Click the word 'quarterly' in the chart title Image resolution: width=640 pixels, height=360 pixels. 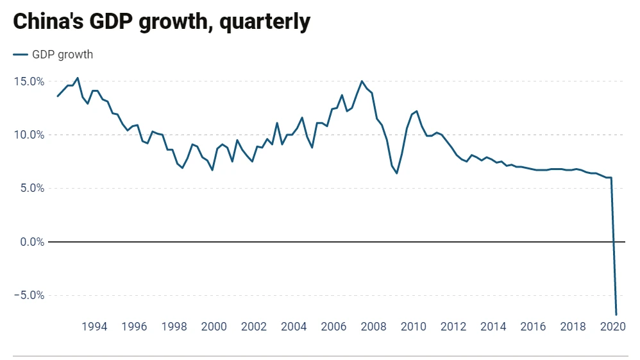point(264,22)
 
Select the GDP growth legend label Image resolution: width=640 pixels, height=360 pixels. point(62,55)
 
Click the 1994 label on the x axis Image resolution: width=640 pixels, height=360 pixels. point(94,326)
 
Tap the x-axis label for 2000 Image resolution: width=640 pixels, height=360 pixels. point(214,326)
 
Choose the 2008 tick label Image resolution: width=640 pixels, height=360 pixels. point(374,326)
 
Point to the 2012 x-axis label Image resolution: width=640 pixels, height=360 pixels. point(453,326)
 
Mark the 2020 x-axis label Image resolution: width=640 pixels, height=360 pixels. point(613,326)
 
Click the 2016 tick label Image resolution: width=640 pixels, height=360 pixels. point(533,326)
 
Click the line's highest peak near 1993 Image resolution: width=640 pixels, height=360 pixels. point(78,78)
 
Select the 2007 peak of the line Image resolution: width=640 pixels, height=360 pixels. point(362,81)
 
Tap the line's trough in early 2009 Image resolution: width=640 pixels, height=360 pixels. point(397,173)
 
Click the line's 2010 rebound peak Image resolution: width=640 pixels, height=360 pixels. point(417,111)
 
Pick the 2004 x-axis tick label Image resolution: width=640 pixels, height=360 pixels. point(294,326)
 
